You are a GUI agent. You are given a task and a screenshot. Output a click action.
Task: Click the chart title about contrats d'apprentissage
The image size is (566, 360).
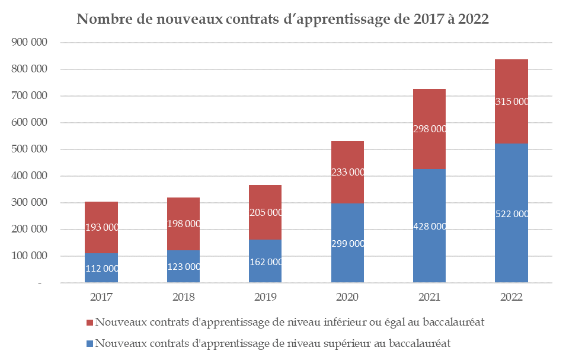[283, 20]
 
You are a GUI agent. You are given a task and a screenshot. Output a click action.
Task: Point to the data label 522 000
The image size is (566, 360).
[511, 215]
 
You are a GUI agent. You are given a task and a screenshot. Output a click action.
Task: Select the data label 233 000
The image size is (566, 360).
[347, 172]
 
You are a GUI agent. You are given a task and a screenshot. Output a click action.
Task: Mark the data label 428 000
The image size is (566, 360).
[429, 226]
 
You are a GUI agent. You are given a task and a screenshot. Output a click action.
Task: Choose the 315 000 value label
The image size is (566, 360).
[511, 101]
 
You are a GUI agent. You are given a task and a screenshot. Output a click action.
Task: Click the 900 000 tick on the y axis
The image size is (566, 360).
[29, 43]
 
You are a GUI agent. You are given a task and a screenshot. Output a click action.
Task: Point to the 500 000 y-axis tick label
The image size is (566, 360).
[29, 149]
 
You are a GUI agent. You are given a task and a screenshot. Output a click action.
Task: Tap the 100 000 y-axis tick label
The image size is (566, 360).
[29, 256]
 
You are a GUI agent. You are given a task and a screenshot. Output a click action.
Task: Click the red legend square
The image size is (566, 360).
[89, 323]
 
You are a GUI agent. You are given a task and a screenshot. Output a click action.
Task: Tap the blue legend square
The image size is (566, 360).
[89, 343]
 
